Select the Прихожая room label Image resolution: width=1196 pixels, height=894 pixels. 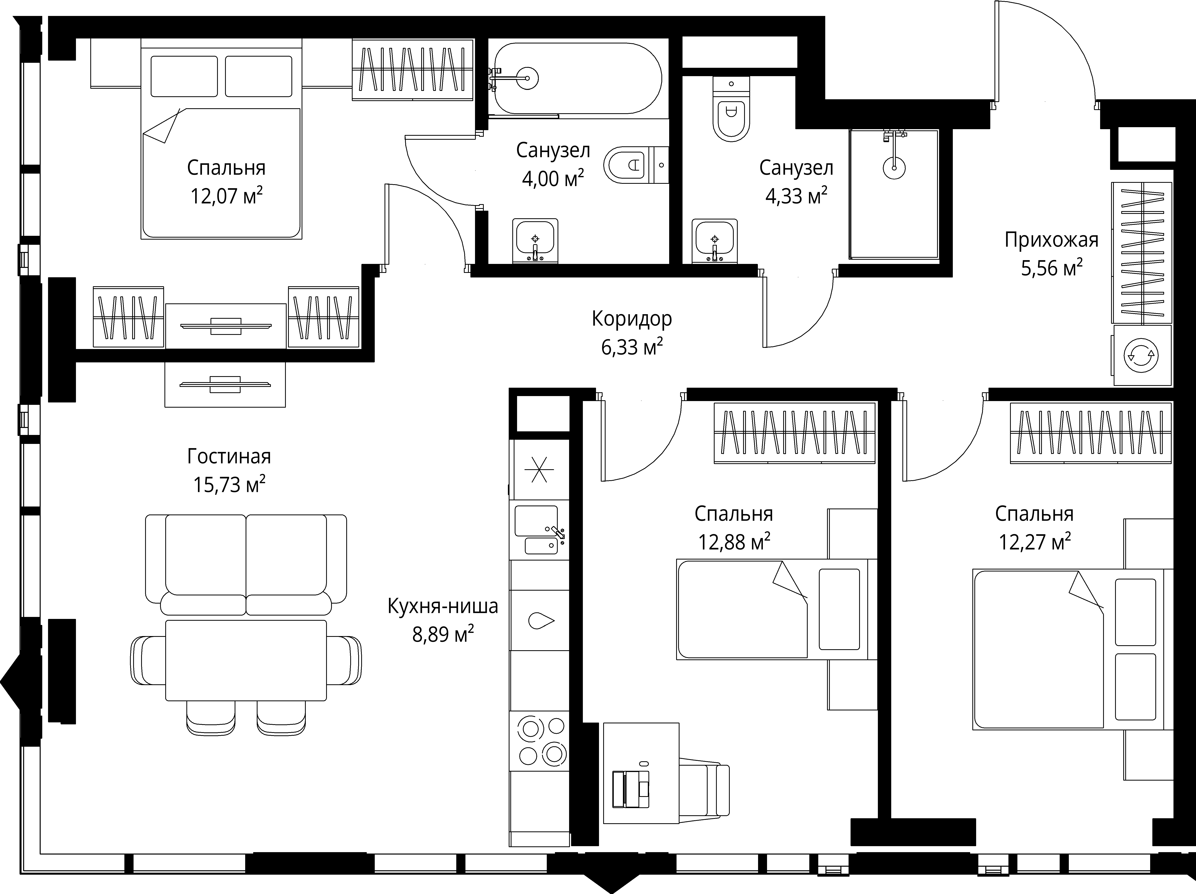pyautogui.click(x=1051, y=240)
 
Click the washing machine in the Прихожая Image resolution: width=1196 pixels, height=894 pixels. pyautogui.click(x=1141, y=355)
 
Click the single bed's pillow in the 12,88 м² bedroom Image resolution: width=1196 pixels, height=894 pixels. pyautogui.click(x=839, y=609)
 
